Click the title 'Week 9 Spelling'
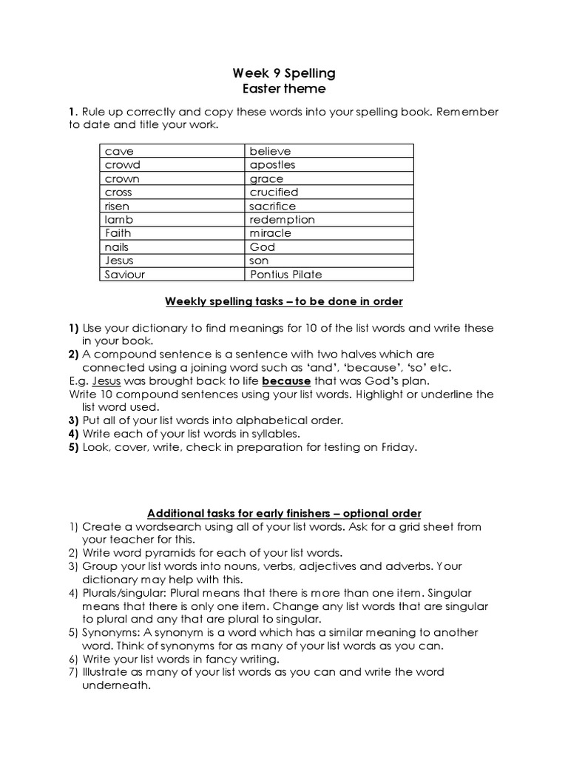284,73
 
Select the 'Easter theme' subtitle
284,90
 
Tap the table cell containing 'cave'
172,151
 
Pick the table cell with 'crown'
172,178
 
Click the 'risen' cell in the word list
172,206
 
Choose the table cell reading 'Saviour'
172,274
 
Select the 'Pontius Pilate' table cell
329,274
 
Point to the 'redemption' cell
329,219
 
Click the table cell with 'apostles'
329,164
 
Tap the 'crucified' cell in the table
329,192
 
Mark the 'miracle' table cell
329,233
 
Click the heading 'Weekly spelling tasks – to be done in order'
284,301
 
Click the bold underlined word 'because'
287,381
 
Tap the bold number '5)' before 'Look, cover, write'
73,446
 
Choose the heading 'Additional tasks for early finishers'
284,513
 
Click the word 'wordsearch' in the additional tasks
158,526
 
